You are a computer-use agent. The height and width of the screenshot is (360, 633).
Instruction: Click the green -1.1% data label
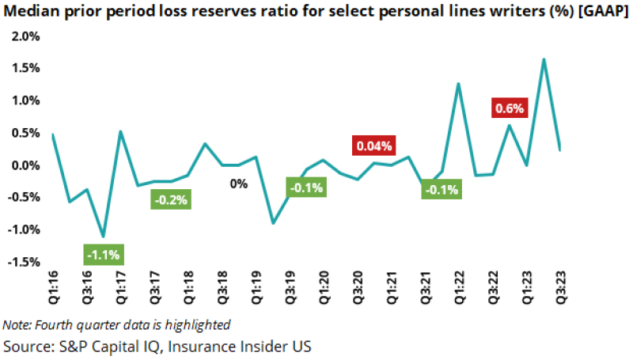(x=102, y=255)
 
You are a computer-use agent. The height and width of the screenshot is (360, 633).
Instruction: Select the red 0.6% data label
(x=510, y=108)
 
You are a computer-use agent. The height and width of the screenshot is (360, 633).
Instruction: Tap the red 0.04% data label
(x=373, y=146)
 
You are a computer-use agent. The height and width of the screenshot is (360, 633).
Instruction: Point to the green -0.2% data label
(x=170, y=200)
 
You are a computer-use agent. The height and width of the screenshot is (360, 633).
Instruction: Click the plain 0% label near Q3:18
(x=239, y=184)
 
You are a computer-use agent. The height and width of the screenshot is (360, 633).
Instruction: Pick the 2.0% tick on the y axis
(x=25, y=36)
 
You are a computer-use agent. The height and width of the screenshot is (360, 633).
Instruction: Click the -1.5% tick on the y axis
(x=23, y=262)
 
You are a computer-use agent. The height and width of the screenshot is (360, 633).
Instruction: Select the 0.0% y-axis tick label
(x=25, y=165)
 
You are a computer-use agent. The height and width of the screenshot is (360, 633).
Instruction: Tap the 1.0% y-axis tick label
(x=25, y=100)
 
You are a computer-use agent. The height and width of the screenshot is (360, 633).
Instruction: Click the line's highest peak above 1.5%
(x=544, y=59)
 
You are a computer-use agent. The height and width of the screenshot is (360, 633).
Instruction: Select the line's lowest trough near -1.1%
(x=103, y=237)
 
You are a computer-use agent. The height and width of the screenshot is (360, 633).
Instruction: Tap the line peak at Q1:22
(x=458, y=83)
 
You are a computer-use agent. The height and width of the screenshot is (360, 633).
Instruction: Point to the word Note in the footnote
(x=16, y=324)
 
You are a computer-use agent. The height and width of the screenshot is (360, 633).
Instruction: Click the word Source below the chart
(x=26, y=346)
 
